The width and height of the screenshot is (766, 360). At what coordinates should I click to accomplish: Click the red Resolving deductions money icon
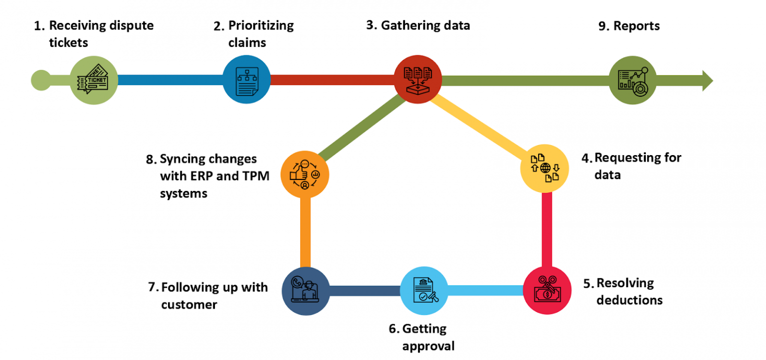547,291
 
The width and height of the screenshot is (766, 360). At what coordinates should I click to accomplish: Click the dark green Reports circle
633,80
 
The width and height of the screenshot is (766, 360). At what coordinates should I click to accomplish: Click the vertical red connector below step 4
547,229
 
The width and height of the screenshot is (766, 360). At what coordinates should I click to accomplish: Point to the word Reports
636,26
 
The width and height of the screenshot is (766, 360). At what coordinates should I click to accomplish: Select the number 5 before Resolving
587,283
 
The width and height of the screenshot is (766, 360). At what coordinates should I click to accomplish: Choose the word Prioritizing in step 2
261,25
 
